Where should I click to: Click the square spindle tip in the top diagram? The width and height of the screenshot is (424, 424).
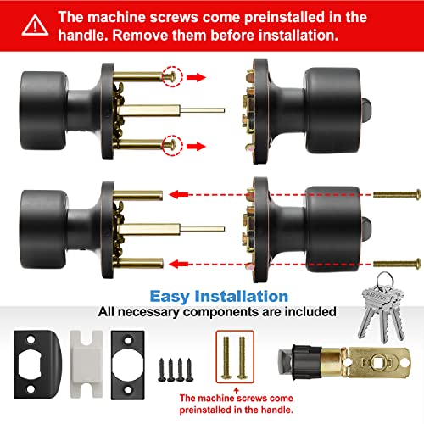pos(212,109)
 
